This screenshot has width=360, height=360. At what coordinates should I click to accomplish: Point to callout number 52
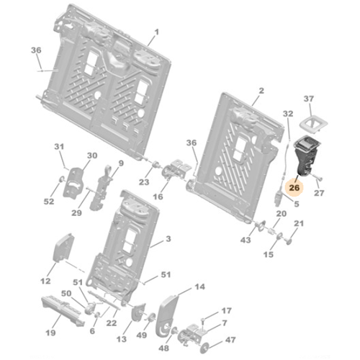click(48, 202)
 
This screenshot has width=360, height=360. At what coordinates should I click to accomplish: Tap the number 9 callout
click(120, 163)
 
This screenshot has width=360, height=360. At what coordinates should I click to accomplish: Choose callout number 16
click(158, 196)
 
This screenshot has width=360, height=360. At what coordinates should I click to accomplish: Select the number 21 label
click(300, 225)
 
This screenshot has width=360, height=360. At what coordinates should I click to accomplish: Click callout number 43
click(247, 240)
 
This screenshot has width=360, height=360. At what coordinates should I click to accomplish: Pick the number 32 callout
click(287, 114)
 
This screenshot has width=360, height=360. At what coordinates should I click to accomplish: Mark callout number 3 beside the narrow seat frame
click(168, 238)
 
